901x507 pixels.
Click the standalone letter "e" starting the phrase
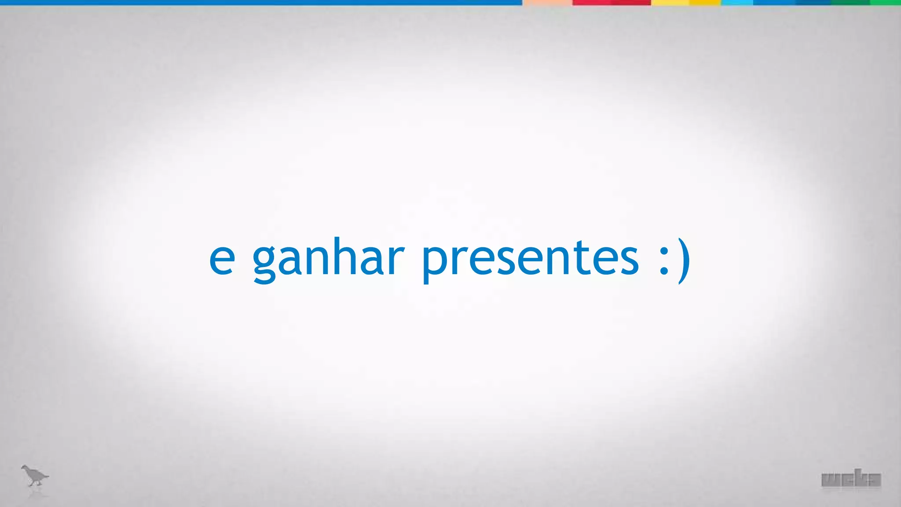point(222,260)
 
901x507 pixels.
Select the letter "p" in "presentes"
point(434,264)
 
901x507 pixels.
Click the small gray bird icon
point(34,476)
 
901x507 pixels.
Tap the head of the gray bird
point(26,468)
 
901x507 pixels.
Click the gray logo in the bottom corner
point(851,480)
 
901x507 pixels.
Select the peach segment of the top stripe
point(547,3)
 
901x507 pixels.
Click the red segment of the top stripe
point(611,3)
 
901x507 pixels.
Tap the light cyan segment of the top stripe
point(737,3)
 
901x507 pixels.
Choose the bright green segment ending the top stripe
point(885,3)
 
